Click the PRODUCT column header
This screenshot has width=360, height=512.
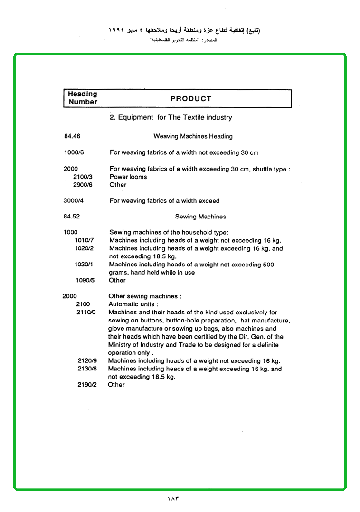tap(190, 99)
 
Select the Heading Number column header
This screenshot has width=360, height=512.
tap(83, 98)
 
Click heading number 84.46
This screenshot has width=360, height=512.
tap(72, 136)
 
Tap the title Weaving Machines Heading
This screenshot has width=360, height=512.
tap(193, 136)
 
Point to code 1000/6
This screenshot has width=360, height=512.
tap(74, 152)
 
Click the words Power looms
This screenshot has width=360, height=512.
tap(128, 177)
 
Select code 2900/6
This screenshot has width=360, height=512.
tap(83, 185)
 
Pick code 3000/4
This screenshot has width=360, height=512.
tap(74, 200)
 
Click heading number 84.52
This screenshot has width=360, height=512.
tap(72, 217)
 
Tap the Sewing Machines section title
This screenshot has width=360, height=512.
tap(200, 217)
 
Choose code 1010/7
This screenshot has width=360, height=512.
tap(84, 240)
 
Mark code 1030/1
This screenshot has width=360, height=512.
tap(84, 264)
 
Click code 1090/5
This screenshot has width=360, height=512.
tap(85, 280)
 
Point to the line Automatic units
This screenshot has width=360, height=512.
tap(133, 304)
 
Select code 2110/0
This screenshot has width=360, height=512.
tap(86, 312)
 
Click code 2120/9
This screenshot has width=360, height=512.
tap(87, 361)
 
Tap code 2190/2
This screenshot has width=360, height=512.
tap(87, 385)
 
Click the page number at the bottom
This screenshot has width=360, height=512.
tap(174, 498)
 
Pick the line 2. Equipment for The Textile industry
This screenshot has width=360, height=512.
tap(171, 117)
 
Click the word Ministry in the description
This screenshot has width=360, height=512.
tap(121, 345)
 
